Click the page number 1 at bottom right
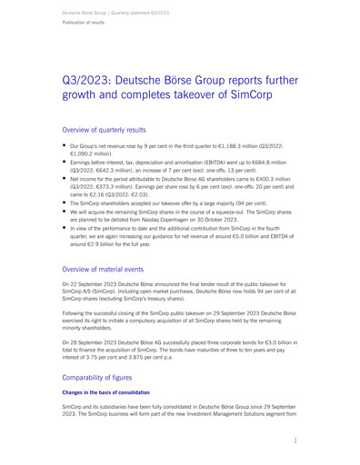tap(296, 439)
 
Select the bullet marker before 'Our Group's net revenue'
tap(64, 144)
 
